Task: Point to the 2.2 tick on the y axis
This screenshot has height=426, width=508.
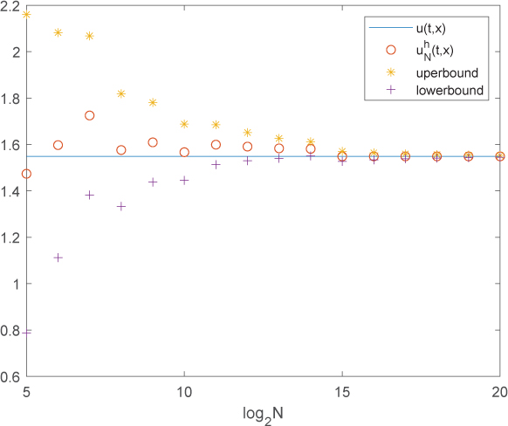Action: (12, 6)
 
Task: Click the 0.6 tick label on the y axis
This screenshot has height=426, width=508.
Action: (12, 377)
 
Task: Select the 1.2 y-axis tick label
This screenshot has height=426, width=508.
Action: (12, 237)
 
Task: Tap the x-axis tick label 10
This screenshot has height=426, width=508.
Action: (184, 390)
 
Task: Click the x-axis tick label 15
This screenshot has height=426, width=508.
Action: (342, 390)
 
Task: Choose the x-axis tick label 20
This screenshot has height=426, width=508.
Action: (499, 390)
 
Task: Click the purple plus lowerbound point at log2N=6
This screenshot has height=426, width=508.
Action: (58, 258)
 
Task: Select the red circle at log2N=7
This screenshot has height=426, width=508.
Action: (89, 115)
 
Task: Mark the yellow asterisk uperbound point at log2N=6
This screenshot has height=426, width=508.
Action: (58, 32)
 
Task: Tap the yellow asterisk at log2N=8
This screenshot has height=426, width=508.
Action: (121, 93)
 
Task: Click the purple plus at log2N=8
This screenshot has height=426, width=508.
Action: (121, 206)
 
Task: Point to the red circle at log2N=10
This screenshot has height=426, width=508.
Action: (184, 152)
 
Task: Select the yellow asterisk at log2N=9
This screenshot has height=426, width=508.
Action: (153, 102)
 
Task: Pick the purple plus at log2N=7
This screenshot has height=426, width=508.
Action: (89, 195)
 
